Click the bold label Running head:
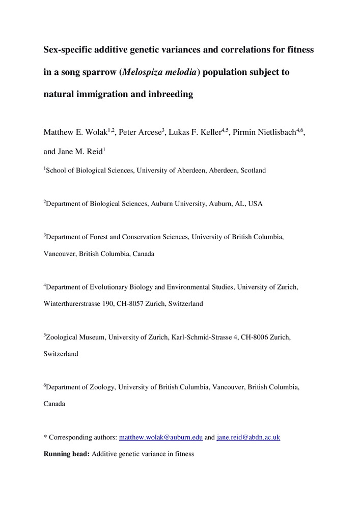67,453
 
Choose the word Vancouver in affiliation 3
60,253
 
